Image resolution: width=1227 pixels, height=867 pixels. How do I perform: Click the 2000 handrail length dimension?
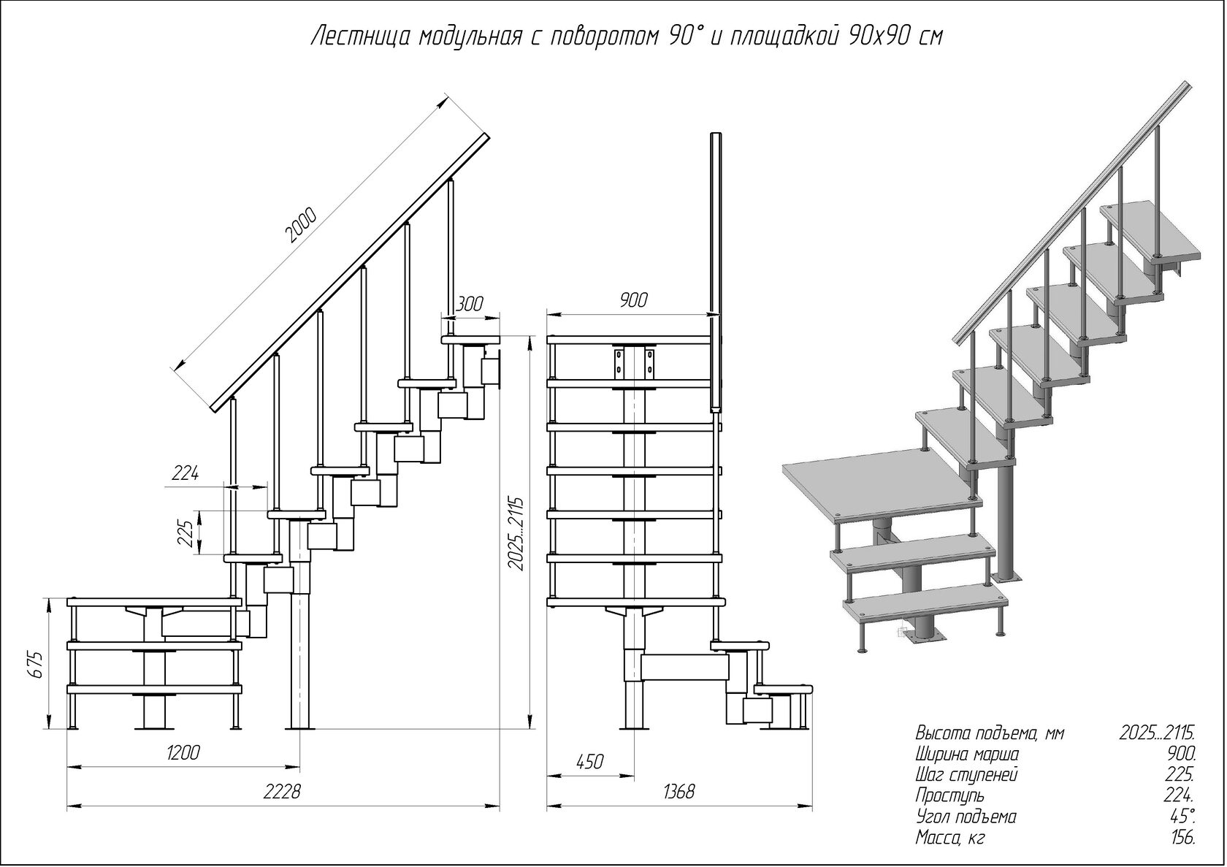(x=301, y=225)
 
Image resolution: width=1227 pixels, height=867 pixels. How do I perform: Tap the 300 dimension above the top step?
(x=469, y=304)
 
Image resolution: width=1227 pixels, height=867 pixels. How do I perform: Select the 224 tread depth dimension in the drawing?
(x=186, y=473)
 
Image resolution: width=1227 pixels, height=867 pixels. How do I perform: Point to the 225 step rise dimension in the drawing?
(x=186, y=533)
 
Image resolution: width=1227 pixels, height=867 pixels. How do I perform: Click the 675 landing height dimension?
(x=36, y=665)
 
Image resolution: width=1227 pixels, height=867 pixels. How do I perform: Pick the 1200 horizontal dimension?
(x=182, y=752)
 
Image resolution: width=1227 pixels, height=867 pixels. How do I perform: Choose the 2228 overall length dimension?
(x=282, y=792)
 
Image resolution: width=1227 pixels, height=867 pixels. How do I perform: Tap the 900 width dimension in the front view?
(x=633, y=300)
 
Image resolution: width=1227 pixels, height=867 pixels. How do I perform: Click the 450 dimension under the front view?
(x=590, y=762)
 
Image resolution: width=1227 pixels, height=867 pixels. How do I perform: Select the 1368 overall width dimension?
(x=679, y=792)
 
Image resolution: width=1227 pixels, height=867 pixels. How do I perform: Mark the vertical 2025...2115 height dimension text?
(x=516, y=534)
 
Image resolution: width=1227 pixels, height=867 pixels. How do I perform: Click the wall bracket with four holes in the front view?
(x=634, y=363)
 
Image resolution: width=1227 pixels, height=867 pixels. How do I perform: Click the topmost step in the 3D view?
(x=1150, y=234)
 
